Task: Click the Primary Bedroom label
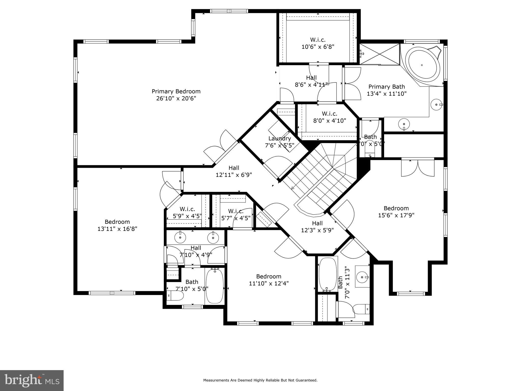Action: point(176,91)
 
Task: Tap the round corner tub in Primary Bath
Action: point(422,65)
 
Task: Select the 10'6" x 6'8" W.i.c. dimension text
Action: point(318,47)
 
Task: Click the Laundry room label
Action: point(280,138)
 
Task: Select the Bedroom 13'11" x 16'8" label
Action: point(117,225)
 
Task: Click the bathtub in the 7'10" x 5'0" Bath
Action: point(214,287)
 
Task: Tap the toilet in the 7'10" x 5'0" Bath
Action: point(176,296)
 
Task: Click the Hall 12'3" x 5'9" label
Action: point(317,227)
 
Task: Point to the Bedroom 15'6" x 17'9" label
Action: point(396,212)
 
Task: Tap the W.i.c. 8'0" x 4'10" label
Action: point(329,117)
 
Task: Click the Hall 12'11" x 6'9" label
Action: point(234,171)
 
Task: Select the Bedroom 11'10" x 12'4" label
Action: point(269,280)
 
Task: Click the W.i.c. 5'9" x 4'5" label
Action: point(187,213)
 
